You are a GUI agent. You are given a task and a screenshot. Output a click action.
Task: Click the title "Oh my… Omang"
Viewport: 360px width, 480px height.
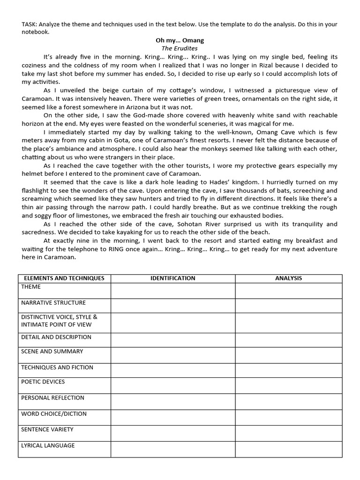[x=180, y=40]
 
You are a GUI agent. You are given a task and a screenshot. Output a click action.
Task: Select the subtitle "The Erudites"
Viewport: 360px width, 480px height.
[x=180, y=48]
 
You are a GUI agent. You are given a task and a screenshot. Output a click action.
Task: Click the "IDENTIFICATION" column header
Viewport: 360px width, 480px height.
[x=173, y=278]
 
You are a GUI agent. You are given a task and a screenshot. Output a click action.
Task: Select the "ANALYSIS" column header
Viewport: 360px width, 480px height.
[x=288, y=278]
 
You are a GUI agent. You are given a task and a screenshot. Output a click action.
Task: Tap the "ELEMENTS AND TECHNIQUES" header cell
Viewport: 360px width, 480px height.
[x=64, y=278]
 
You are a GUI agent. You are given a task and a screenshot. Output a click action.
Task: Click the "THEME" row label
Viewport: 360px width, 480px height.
[x=31, y=287]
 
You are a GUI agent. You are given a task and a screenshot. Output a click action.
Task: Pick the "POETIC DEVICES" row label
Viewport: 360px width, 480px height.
[x=43, y=382]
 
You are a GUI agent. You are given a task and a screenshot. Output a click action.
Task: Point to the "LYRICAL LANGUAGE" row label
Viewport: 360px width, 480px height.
[x=48, y=445]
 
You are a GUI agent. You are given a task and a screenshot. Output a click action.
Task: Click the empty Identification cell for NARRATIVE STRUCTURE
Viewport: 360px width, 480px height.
[x=173, y=306]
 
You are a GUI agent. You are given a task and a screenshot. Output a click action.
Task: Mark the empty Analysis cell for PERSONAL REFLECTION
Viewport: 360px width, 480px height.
[x=288, y=401]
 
